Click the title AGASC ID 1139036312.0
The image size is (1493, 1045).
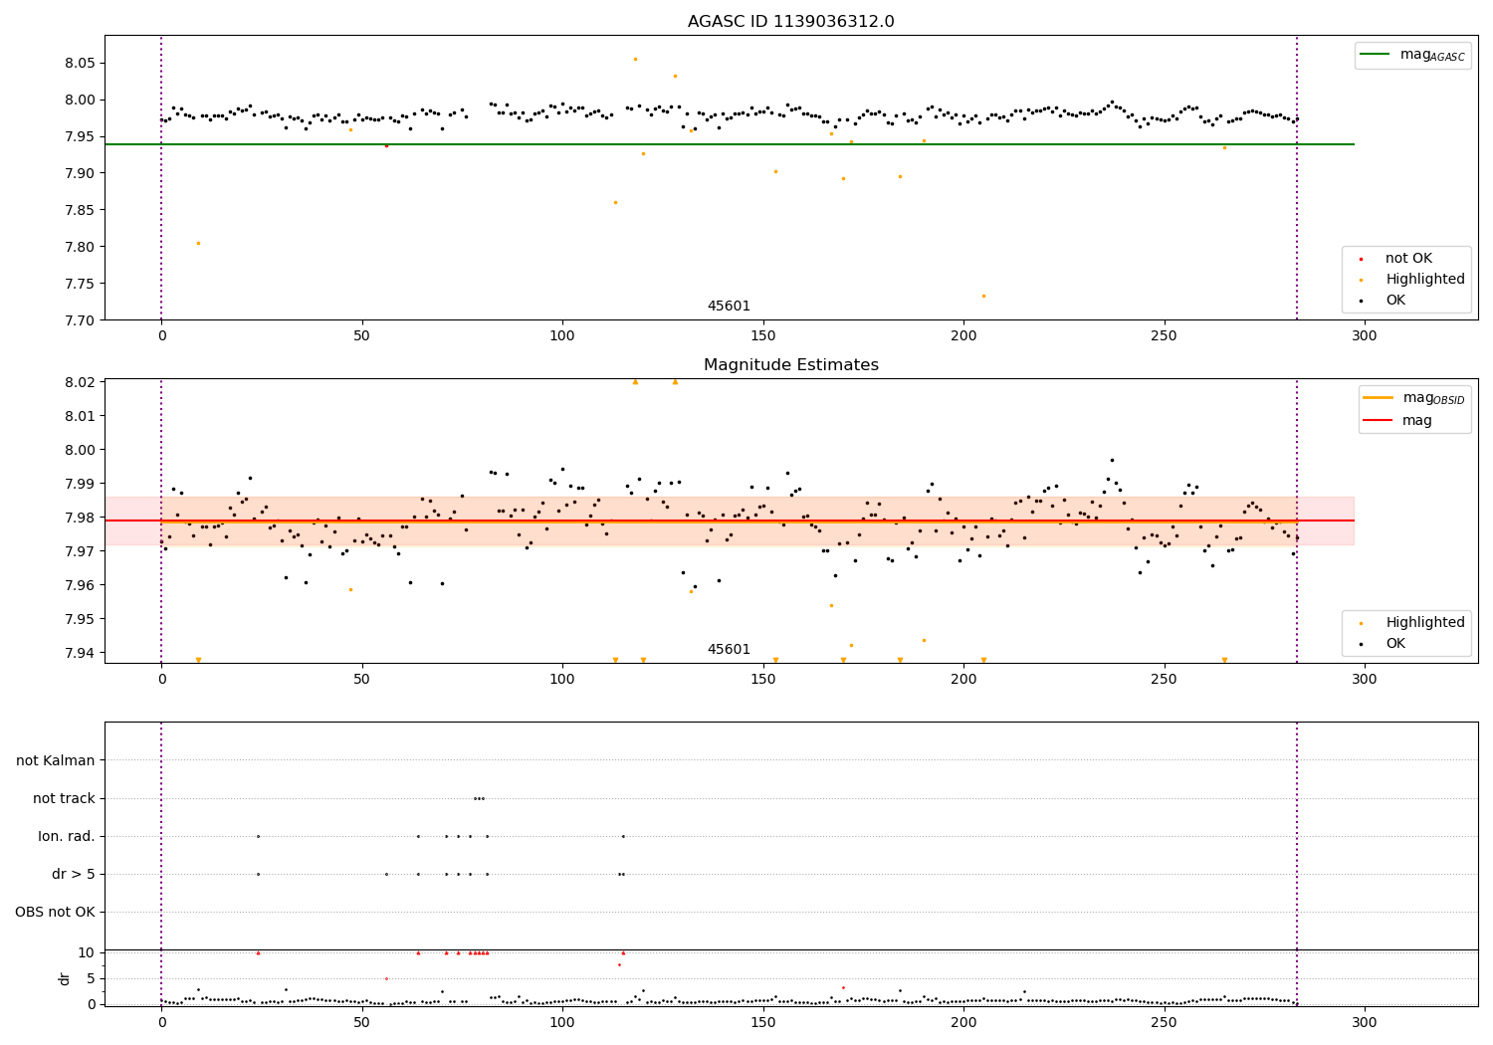click(790, 22)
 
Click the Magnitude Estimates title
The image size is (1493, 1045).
click(790, 365)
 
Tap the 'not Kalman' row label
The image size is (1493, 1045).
click(56, 761)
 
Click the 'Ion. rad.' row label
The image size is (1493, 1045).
click(67, 837)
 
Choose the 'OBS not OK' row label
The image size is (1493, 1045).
click(55, 913)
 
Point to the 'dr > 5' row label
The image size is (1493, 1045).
click(73, 875)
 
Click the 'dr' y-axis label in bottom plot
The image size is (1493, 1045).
click(65, 978)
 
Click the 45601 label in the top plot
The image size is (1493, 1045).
click(729, 307)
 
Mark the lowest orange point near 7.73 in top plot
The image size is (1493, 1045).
click(983, 296)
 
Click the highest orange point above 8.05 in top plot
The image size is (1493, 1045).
click(635, 59)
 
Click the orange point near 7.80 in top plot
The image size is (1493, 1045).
click(198, 243)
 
